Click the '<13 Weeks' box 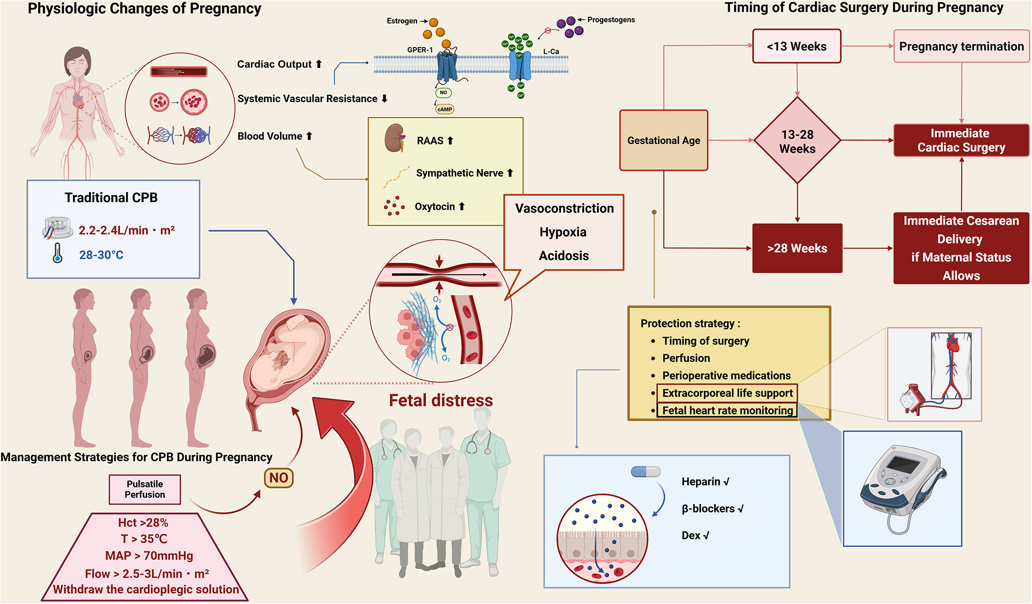[796, 47]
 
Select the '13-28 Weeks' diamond [797, 141]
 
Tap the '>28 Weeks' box [797, 248]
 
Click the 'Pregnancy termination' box [961, 47]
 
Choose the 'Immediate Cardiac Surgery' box [961, 140]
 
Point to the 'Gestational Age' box [664, 140]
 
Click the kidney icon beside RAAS [395, 138]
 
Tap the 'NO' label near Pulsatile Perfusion [278, 478]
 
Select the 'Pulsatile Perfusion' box [145, 489]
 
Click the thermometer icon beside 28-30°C [58, 254]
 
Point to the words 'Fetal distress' [441, 400]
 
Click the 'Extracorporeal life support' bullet [727, 393]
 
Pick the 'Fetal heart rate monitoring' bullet [727, 410]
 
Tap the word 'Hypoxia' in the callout [563, 232]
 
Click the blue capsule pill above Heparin [646, 471]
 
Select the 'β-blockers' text [712, 509]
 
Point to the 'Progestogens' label [611, 20]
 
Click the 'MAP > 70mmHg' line [149, 556]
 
